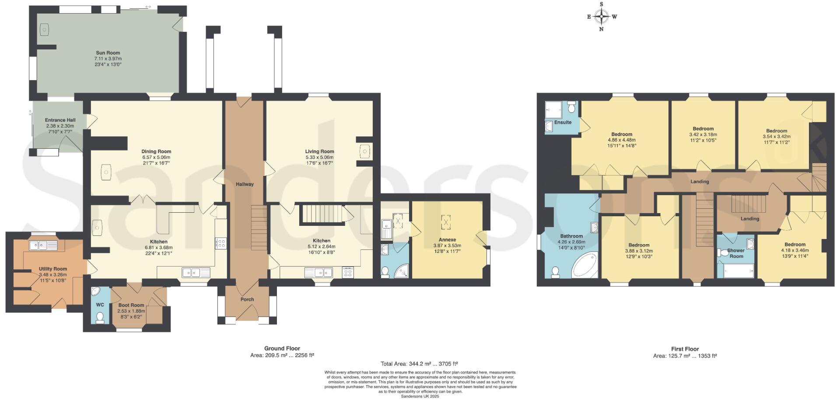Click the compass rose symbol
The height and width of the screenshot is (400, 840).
[x=602, y=17]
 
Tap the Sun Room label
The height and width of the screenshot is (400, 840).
[x=108, y=53]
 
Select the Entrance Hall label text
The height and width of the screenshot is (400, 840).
[x=60, y=120]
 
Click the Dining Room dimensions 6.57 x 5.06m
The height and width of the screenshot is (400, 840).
[x=156, y=157]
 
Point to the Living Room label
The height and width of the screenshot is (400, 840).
[x=319, y=151]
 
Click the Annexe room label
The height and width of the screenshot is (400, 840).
[x=447, y=240]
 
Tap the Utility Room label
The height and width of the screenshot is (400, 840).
[x=53, y=269]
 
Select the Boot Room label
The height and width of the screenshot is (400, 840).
[x=131, y=305]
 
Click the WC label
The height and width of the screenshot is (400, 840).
[x=100, y=305]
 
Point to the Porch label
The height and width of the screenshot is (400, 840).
[x=247, y=299]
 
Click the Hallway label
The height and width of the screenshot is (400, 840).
[x=245, y=184]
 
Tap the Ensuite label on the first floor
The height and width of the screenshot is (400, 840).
[x=563, y=122]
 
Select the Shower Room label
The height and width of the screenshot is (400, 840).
[x=736, y=253]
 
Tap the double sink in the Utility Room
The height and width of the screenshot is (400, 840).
[x=43, y=246]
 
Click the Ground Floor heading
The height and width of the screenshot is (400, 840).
[x=282, y=348]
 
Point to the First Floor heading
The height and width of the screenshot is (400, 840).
[x=685, y=349]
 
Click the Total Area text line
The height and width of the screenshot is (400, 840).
[x=420, y=364]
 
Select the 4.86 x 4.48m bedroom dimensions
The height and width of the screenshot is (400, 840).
[x=621, y=140]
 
